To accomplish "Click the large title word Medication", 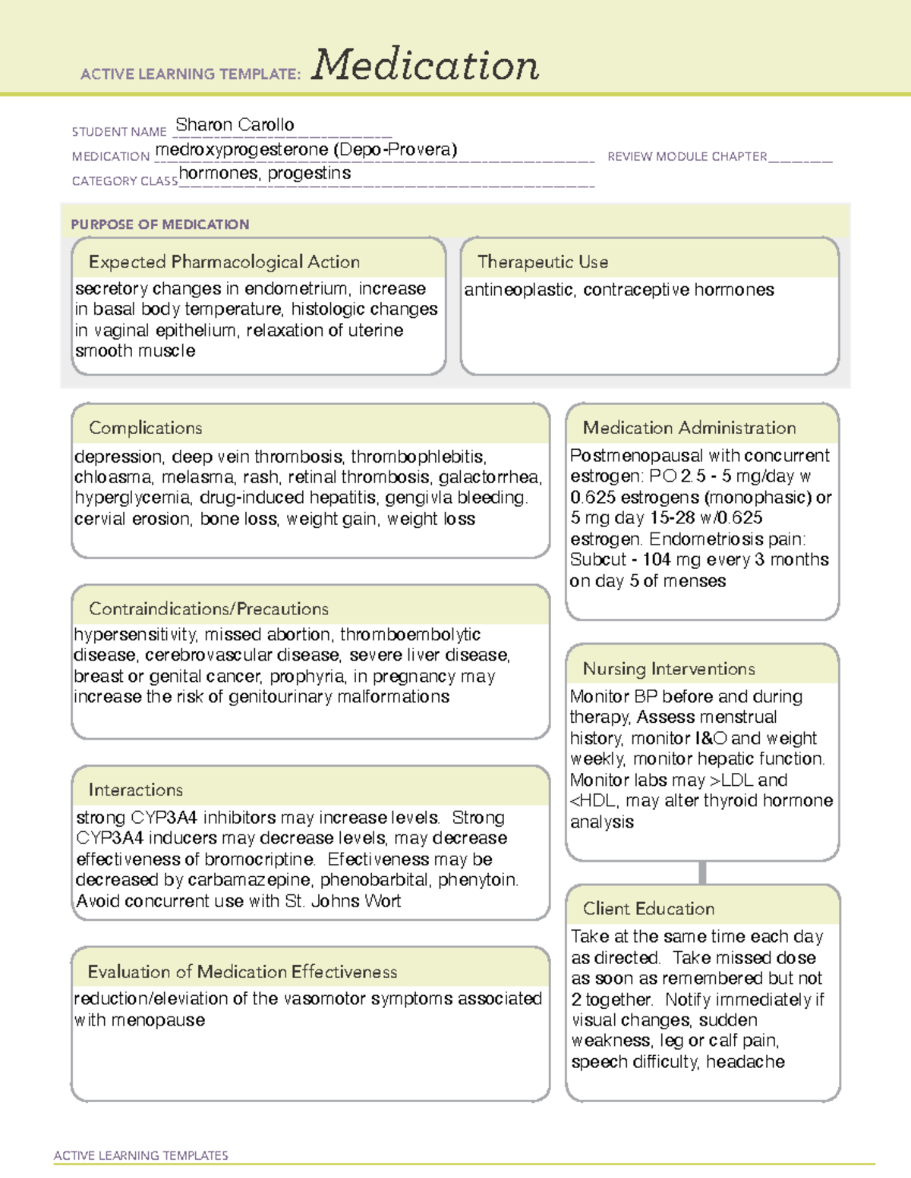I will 425,65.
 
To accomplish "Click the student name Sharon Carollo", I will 235,124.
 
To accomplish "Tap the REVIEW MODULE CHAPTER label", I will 687,156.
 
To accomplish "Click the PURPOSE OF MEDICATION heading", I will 160,225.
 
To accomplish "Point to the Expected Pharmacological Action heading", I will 224,262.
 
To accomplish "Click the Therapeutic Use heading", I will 543,262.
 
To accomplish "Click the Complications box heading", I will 146,428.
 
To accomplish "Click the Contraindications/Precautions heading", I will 209,608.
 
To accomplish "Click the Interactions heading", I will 136,790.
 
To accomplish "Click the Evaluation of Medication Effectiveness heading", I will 242,972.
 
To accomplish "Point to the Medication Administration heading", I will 689,428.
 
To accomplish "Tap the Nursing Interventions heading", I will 669,668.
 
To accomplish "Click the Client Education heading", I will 648,908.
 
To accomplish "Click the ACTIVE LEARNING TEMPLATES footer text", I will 141,1155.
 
